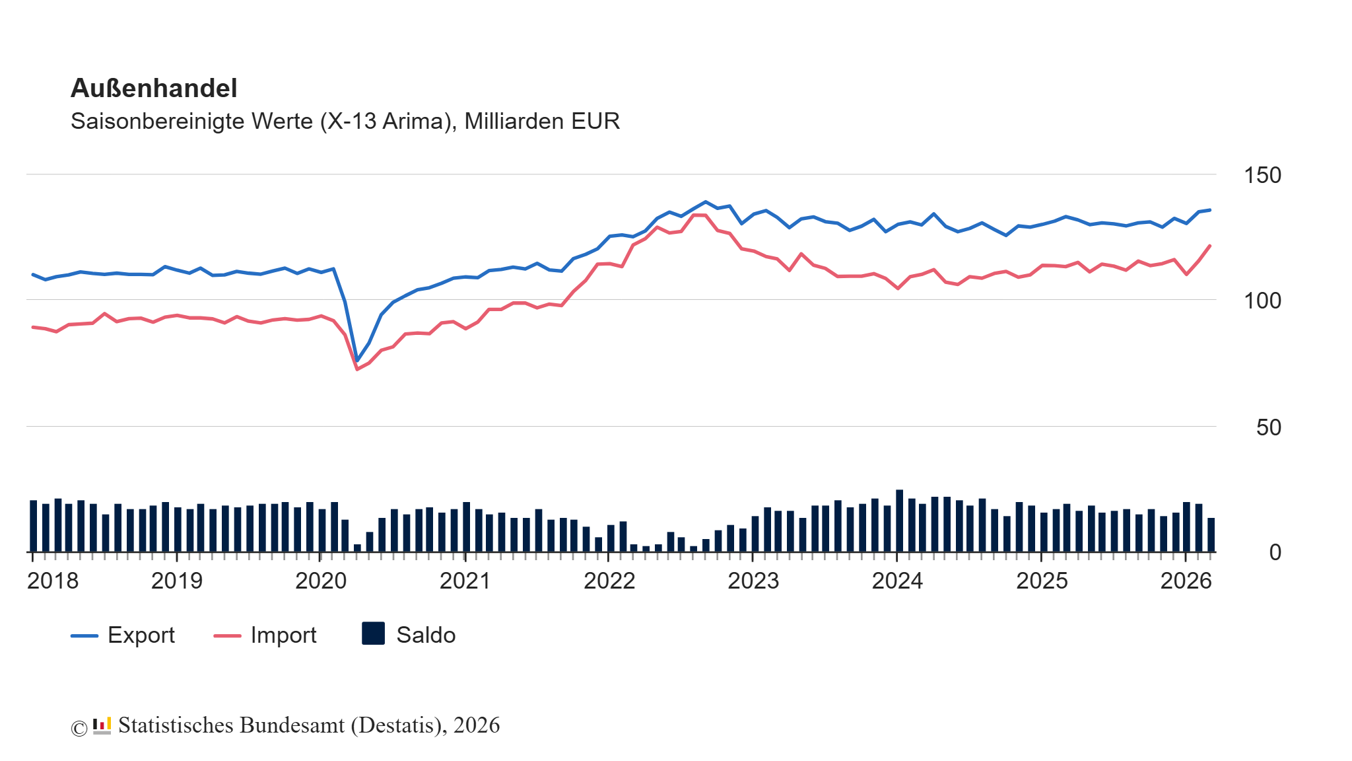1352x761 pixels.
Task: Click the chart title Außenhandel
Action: pos(154,88)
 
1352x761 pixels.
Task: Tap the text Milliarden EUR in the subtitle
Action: pos(542,122)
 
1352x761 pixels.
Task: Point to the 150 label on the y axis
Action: pos(1262,175)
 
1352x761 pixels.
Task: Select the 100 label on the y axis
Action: pos(1262,301)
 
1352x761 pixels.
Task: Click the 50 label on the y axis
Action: pos(1268,427)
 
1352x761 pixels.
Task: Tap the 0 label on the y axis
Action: pos(1275,552)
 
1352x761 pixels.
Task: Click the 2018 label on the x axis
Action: pos(53,581)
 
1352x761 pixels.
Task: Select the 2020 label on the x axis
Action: pos(321,581)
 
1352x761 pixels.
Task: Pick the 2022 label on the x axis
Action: pos(609,581)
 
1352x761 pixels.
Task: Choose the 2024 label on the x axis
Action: pos(897,581)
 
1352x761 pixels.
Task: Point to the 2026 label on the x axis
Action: pos(1186,581)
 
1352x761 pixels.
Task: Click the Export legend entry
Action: pos(123,635)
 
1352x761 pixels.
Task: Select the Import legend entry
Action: pos(265,635)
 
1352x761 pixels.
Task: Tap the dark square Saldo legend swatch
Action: pos(374,634)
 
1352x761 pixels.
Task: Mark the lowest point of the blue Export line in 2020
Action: pos(357,361)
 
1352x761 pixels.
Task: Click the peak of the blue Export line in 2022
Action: pos(705,201)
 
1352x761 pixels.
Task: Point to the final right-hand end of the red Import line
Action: pos(1210,246)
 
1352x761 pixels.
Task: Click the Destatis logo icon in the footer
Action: pos(102,725)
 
